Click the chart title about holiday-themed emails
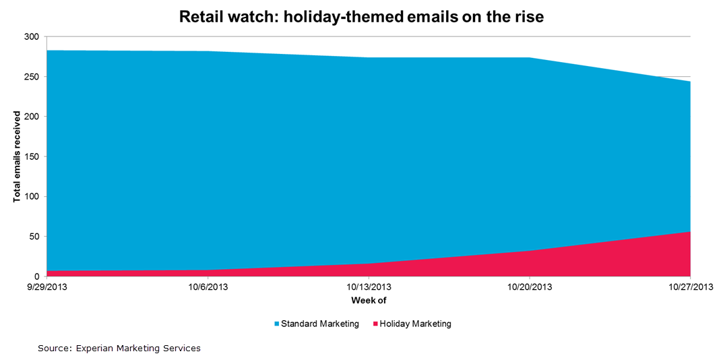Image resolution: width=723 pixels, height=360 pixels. [361, 16]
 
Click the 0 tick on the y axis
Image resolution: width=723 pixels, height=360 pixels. [37, 276]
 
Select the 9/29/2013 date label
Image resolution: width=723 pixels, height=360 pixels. [46, 287]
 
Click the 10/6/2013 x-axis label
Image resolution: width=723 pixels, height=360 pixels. [208, 287]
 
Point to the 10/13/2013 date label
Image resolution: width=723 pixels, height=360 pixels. [369, 287]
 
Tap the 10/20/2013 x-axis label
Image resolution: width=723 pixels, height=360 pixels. [530, 287]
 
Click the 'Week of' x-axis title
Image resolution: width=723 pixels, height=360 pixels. [369, 300]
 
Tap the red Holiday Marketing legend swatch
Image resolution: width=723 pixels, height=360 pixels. [375, 324]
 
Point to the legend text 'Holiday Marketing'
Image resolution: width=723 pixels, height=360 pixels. [415, 324]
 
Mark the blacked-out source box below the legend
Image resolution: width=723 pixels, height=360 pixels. [164, 349]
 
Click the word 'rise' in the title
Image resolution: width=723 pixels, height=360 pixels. [526, 16]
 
